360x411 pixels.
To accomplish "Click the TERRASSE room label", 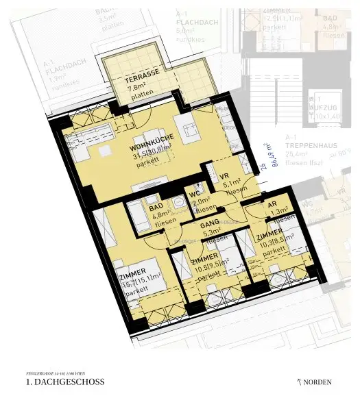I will tap(142, 79).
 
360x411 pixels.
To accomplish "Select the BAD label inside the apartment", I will tap(156, 206).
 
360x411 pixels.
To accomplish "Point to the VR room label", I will tap(224, 175).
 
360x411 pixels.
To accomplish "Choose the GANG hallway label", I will tap(209, 224).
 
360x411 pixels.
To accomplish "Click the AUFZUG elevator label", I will tap(322, 108).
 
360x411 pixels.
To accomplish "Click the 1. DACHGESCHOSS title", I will tap(64, 382).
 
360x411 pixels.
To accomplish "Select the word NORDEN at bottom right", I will tap(319, 382).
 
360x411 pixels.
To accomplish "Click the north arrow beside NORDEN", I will tap(298, 382).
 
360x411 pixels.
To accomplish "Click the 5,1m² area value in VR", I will tap(230, 184).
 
